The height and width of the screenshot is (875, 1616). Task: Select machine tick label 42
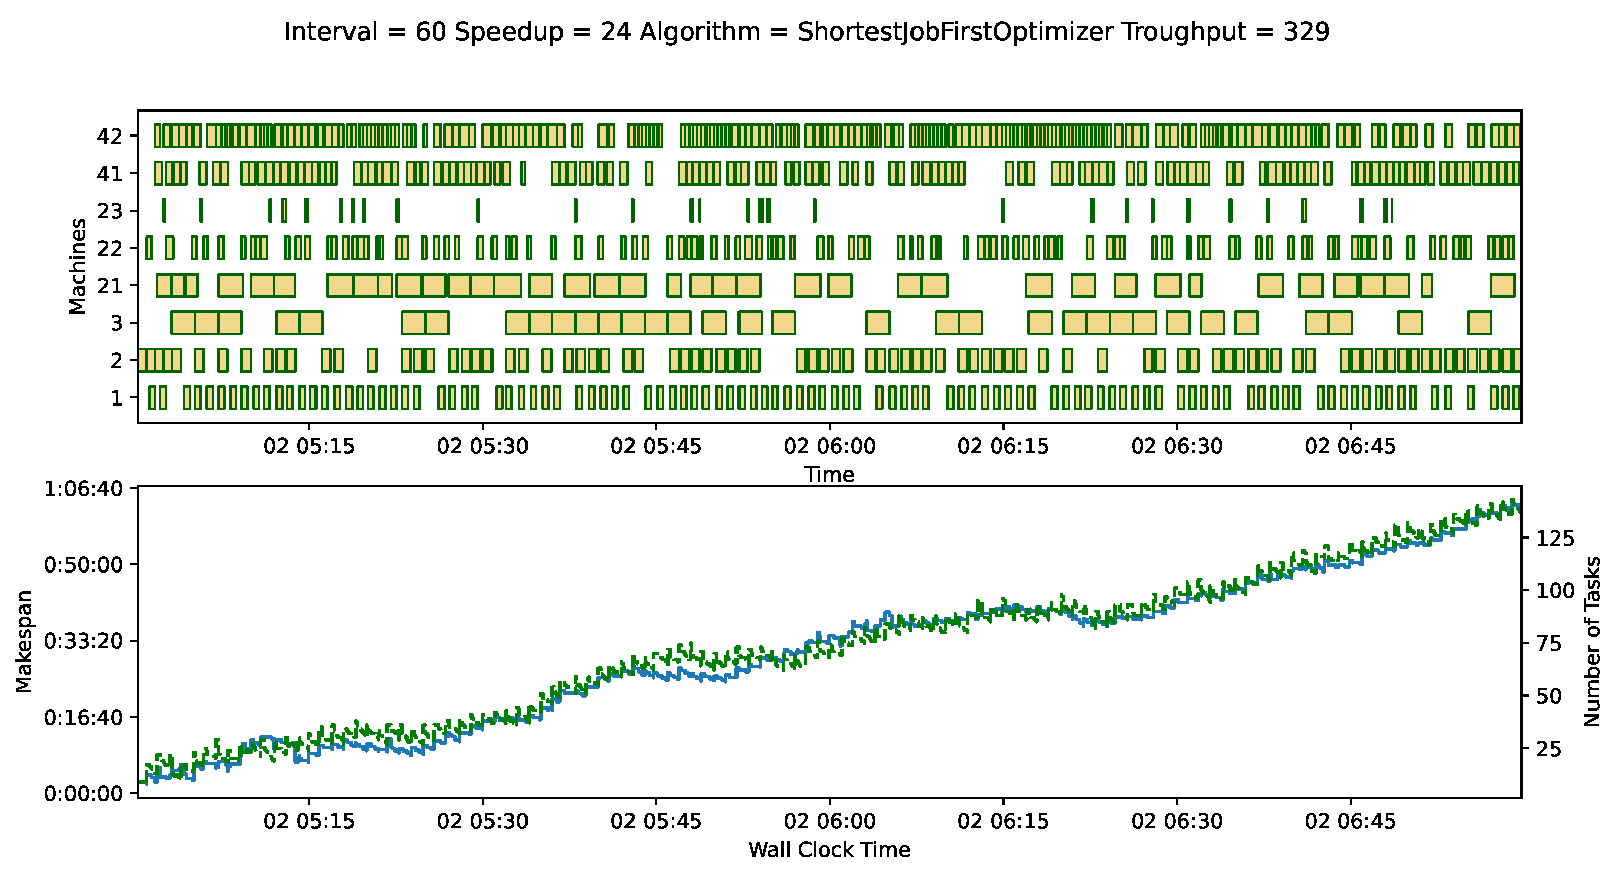(109, 136)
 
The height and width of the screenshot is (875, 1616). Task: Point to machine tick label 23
(109, 211)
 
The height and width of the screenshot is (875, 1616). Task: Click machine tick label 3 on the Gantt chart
(116, 323)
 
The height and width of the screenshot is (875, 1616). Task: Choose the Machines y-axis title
(77, 266)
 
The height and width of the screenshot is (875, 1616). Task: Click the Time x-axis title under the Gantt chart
(829, 475)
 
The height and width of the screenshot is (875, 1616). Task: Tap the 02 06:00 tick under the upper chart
(829, 446)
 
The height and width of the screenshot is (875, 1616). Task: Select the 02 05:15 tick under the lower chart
(309, 821)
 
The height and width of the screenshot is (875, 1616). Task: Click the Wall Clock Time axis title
(829, 849)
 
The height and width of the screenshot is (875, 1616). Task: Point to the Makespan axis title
(24, 642)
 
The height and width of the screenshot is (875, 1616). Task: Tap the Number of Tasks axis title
(1592, 642)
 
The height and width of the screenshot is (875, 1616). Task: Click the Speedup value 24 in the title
(615, 31)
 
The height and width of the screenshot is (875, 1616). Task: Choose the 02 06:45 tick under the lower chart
(1350, 821)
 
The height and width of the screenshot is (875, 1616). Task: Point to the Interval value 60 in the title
(430, 31)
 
